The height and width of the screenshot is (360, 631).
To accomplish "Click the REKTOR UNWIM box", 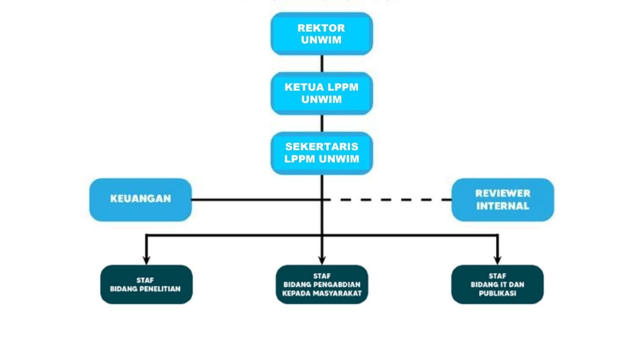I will [322, 34].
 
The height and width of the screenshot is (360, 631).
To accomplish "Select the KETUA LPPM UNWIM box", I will [322, 93].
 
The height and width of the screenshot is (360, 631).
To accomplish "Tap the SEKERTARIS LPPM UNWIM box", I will [322, 153].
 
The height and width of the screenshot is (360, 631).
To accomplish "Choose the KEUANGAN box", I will [141, 199].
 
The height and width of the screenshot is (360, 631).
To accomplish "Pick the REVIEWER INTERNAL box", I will [503, 199].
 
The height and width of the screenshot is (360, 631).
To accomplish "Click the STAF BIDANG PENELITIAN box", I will [146, 284].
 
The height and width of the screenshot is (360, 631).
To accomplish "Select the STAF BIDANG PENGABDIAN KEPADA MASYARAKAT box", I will [322, 284].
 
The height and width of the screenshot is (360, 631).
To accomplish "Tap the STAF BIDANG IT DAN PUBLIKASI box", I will [497, 284].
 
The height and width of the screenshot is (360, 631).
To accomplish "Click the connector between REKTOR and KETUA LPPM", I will [322, 63].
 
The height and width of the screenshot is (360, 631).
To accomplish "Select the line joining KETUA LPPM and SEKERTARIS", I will [322, 123].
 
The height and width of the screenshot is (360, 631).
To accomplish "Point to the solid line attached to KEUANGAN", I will [255, 200].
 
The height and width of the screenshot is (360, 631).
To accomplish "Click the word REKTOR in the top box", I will [321, 28].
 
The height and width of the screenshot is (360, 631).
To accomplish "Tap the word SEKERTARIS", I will [322, 147].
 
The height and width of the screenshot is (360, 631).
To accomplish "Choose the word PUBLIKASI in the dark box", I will [497, 293].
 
